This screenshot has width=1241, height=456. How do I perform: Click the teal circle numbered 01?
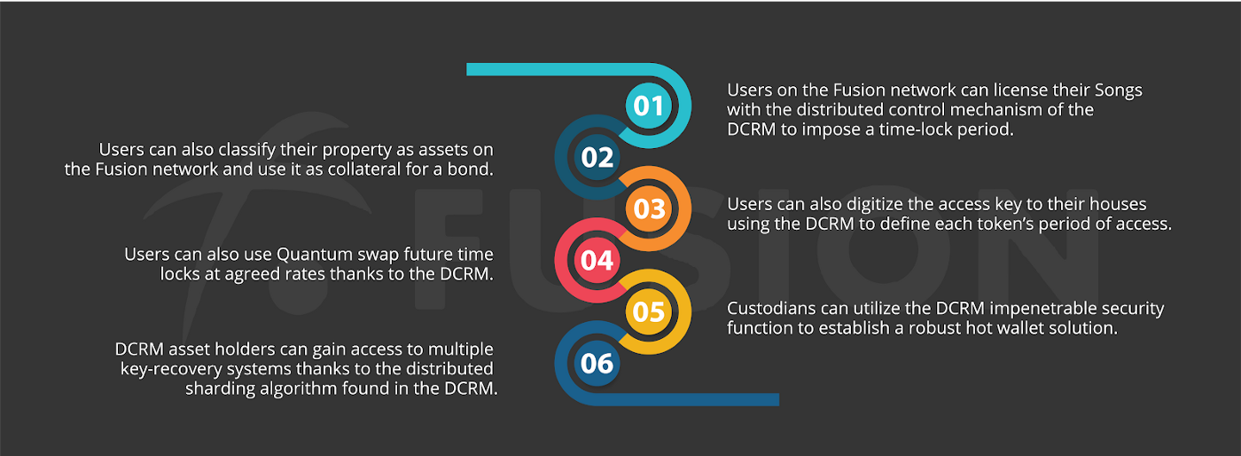point(648,106)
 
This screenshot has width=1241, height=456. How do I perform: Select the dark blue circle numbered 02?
point(597,158)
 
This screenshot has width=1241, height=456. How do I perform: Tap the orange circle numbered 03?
point(648,209)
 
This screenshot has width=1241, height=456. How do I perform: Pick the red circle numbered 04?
point(597,261)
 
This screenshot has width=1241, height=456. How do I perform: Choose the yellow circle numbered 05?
point(648,312)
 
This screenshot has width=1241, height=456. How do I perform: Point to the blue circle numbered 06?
point(597,363)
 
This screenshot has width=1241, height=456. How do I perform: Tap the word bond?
point(469,169)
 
